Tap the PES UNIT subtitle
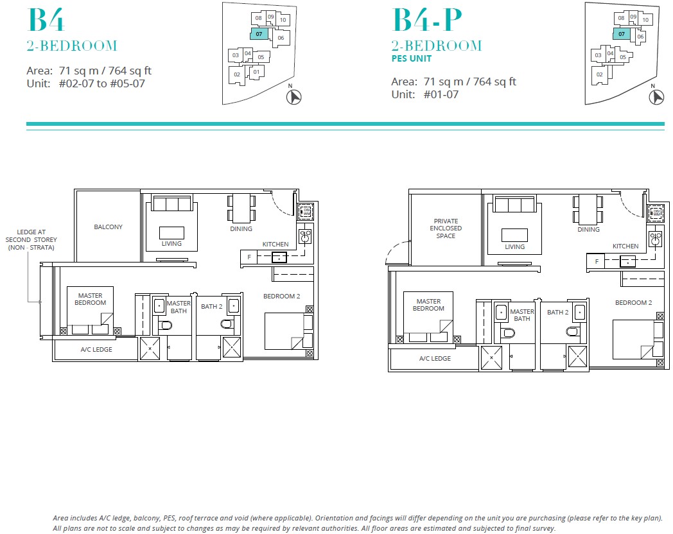410,58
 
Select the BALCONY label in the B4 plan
108,227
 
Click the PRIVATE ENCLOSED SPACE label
446,228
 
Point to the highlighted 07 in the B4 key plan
258,33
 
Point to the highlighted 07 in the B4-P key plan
621,33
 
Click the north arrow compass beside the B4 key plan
293,97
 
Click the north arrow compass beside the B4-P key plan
656,97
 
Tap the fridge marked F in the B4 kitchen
249,257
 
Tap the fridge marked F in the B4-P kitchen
597,261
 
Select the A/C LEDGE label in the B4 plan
96,350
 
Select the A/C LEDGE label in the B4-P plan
435,359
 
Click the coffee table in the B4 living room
171,232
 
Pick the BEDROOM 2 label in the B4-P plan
633,302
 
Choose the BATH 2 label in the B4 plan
211,307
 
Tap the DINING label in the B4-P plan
588,229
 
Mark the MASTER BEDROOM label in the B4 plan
90,299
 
